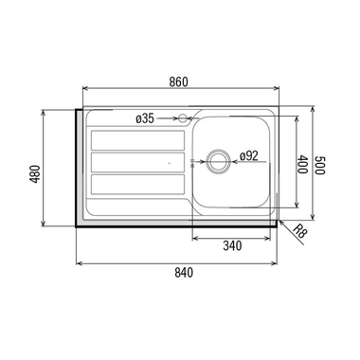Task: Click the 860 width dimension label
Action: pyautogui.click(x=178, y=81)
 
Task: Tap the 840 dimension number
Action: pyautogui.click(x=184, y=273)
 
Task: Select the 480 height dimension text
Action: pyautogui.click(x=35, y=174)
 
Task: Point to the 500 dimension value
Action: pyautogui.click(x=319, y=165)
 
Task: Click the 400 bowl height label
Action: pyautogui.click(x=302, y=164)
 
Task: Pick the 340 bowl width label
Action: pyautogui.click(x=232, y=245)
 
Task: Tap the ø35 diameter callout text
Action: pyautogui.click(x=145, y=119)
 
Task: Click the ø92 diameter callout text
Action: pyautogui.click(x=249, y=155)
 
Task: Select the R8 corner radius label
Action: pyautogui.click(x=299, y=232)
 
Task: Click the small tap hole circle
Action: pyautogui.click(x=183, y=118)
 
